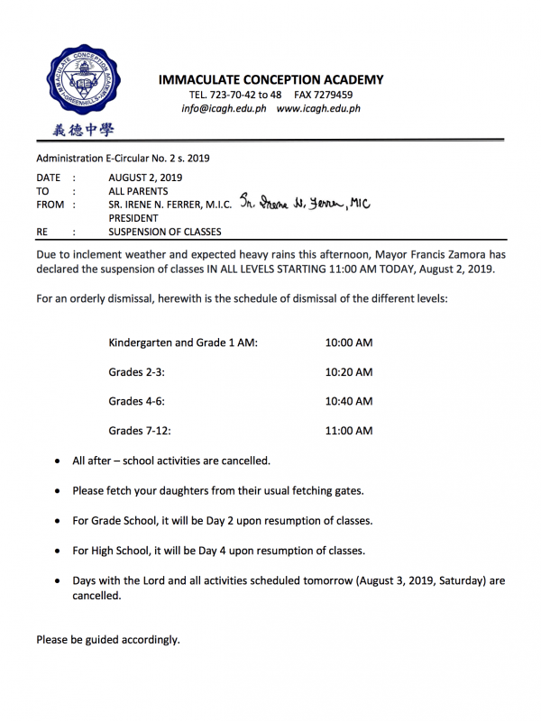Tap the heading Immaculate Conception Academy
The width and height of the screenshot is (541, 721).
[270, 79]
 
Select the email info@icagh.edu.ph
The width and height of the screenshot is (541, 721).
[223, 108]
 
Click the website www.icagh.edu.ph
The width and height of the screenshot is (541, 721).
[318, 108]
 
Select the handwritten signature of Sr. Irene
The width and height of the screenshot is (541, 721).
[305, 204]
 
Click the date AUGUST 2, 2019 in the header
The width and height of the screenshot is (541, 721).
[145, 178]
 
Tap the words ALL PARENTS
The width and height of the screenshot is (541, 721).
[138, 191]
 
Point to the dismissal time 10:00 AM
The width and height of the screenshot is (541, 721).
[348, 343]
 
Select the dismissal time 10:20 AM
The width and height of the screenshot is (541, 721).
[348, 372]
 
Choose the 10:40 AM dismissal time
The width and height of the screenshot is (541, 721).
[348, 401]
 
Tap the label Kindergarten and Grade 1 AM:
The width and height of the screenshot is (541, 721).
[183, 343]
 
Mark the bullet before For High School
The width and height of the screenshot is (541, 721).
[59, 551]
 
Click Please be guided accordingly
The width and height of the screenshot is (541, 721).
[108, 640]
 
